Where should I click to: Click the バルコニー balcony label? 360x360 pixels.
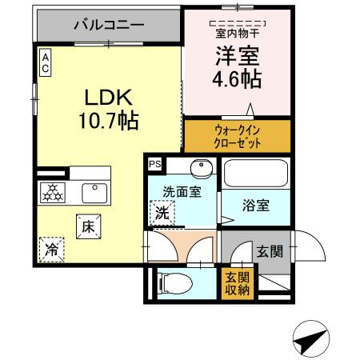[109, 25]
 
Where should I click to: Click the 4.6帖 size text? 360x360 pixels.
[235, 79]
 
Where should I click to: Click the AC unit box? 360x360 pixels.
[46, 62]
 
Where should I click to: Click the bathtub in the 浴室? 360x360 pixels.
[254, 174]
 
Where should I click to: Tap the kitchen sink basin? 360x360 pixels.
[94, 192]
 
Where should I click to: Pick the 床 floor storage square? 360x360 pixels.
[88, 226]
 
